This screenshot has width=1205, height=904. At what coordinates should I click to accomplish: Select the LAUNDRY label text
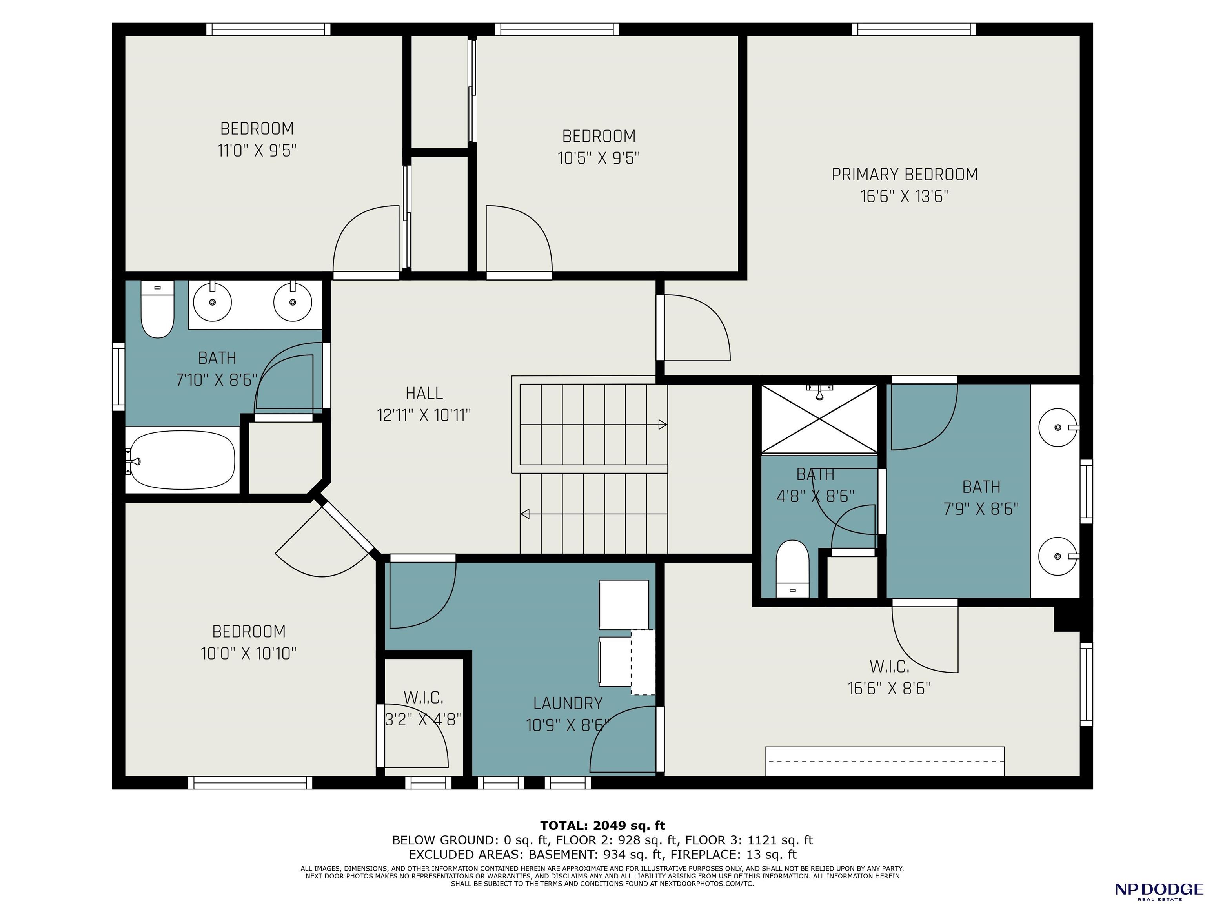click(x=568, y=703)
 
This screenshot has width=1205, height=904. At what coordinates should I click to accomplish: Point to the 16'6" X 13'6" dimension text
click(x=904, y=196)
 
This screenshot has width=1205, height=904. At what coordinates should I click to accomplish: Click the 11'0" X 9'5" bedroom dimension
click(x=257, y=150)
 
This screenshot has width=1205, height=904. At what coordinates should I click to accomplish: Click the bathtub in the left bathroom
click(x=182, y=459)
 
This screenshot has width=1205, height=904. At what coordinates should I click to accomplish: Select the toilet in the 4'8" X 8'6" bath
click(x=792, y=569)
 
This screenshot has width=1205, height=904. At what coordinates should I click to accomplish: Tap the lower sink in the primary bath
click(x=1058, y=556)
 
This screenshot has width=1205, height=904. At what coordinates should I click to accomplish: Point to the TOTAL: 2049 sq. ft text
click(x=602, y=826)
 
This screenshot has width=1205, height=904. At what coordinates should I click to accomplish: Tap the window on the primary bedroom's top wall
click(x=914, y=29)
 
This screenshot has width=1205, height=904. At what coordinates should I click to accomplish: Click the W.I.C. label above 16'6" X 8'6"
click(x=889, y=666)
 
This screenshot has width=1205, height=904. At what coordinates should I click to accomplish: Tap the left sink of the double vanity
click(x=213, y=301)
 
